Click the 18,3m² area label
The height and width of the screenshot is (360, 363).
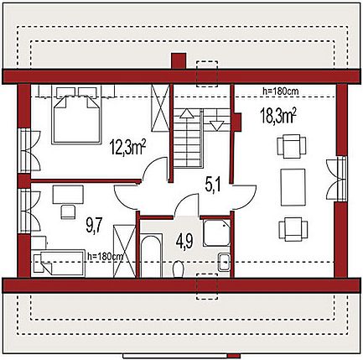coord(278,116)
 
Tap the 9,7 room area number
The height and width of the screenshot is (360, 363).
coord(95,226)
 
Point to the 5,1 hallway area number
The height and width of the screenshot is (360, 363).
coord(213,185)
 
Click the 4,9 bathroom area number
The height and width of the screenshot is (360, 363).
coord(184,242)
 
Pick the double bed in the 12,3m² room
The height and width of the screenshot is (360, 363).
coord(76,115)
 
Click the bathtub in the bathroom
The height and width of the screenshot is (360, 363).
coord(151,256)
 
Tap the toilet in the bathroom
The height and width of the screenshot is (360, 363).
coord(178,269)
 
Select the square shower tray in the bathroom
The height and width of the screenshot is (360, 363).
coord(216,232)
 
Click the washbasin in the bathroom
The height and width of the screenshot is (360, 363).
coord(224,262)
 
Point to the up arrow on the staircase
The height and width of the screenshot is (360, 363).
coord(187,113)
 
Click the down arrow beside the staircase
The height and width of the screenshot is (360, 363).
coord(216,126)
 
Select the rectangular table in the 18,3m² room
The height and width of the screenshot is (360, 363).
coord(293,187)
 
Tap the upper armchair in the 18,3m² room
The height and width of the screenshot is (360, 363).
coord(292,146)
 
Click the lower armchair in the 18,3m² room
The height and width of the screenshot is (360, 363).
coord(293,230)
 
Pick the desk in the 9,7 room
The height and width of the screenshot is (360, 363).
coord(68,195)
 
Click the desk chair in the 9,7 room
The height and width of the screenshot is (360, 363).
coord(68,211)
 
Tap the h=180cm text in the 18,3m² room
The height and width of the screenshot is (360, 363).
coord(281,91)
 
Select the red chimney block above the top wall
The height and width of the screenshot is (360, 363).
coord(179,60)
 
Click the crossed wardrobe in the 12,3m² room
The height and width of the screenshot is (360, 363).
coord(160,107)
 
